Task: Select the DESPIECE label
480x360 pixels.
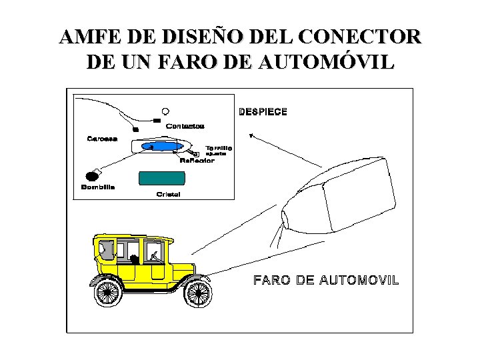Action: [x=263, y=112]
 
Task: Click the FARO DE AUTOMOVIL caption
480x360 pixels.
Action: [x=326, y=280]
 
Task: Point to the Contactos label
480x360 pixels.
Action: [x=185, y=126]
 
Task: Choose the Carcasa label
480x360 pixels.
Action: [x=103, y=139]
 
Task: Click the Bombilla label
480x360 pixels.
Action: [x=98, y=187]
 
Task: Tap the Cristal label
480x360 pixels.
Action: [x=169, y=195]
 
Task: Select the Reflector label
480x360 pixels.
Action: [x=197, y=161]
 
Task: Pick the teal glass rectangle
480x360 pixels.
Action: [x=161, y=178]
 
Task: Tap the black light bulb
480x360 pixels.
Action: [x=92, y=177]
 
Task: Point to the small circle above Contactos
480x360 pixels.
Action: [x=165, y=111]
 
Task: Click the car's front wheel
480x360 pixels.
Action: [x=197, y=292]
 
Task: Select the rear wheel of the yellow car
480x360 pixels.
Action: [x=108, y=292]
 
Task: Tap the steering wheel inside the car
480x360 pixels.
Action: [x=154, y=255]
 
